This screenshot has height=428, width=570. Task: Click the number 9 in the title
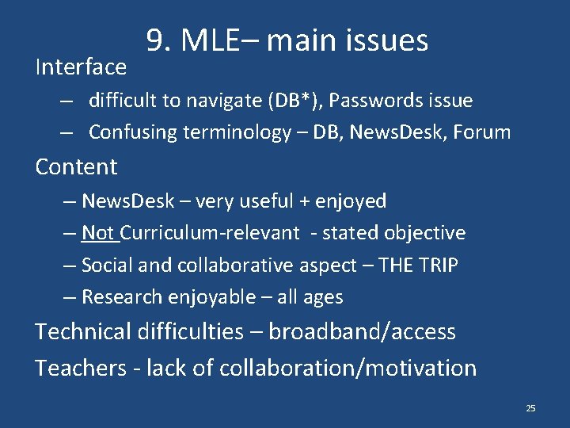pos(154,40)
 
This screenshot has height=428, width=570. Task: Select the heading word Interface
pos(81,67)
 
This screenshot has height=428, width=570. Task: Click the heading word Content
pos(76,166)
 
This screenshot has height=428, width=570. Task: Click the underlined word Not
pos(98,233)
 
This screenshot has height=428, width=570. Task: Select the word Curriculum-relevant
pos(211,233)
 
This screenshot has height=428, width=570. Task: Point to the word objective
pos(425,233)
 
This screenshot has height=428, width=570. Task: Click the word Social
pos(106,266)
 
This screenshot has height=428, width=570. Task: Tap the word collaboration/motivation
pos(349,368)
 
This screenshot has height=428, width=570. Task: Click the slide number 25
pos(530,408)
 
